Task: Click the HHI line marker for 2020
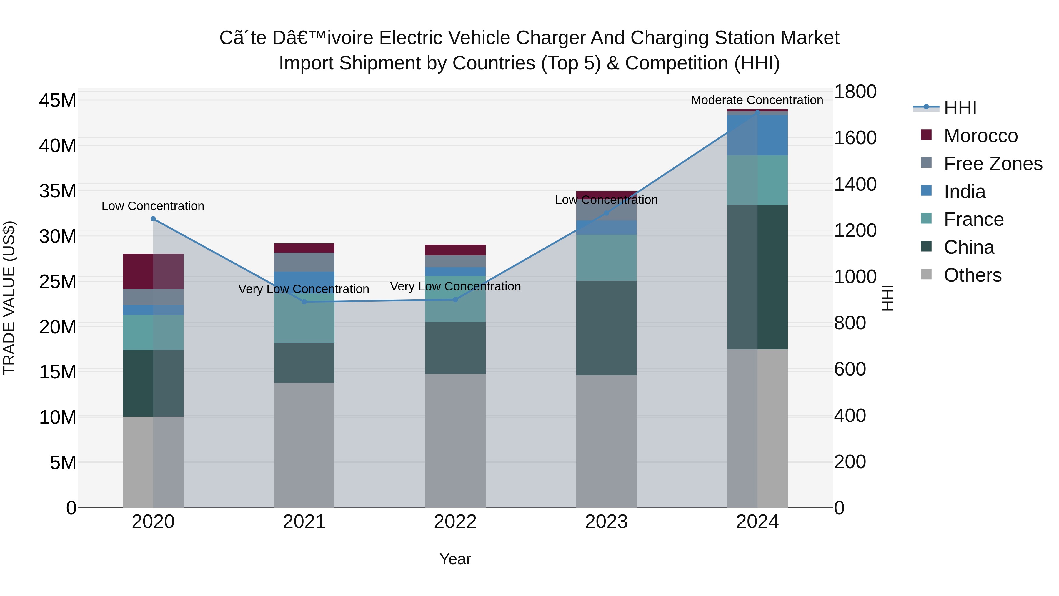tap(153, 219)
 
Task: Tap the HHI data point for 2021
tap(304, 302)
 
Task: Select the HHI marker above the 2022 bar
tap(455, 299)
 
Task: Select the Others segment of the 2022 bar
tap(455, 440)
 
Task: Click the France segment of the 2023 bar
tap(606, 258)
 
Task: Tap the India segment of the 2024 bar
tap(757, 135)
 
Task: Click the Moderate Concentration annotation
tap(757, 100)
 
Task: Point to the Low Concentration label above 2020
tap(153, 206)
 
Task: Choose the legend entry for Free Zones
tap(993, 164)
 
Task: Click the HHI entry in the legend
tap(960, 108)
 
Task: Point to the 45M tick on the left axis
tap(58, 100)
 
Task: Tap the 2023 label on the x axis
tap(606, 522)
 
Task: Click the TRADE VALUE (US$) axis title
tap(9, 298)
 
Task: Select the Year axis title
tap(455, 559)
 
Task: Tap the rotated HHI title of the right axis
tap(888, 298)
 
